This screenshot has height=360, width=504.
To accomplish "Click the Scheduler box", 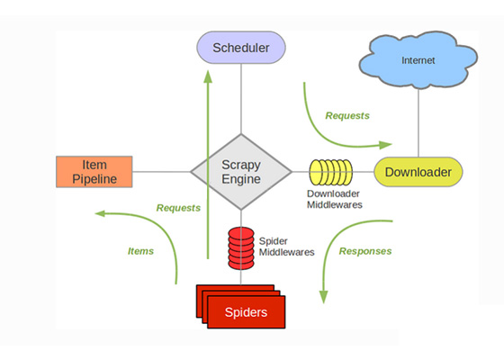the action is pyautogui.click(x=241, y=48).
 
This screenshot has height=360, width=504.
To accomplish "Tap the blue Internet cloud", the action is pyautogui.click(x=418, y=60).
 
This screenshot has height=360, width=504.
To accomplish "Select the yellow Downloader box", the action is pyautogui.click(x=418, y=172).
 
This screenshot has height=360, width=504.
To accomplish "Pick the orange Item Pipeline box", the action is pyautogui.click(x=94, y=172).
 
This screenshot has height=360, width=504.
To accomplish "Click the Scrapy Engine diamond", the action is pyautogui.click(x=241, y=172).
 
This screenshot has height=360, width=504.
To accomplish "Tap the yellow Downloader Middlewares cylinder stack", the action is pyautogui.click(x=331, y=172).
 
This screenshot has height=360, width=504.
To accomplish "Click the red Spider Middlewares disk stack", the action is pyautogui.click(x=241, y=248).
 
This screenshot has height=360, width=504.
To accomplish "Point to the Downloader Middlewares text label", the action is pyautogui.click(x=334, y=199).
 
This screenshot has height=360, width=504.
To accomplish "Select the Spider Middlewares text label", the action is pyautogui.click(x=287, y=247).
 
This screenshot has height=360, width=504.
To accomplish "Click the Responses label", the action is pyautogui.click(x=365, y=251).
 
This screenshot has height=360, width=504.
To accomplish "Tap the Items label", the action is pyautogui.click(x=140, y=251).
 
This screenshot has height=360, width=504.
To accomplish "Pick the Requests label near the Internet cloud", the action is pyautogui.click(x=347, y=116).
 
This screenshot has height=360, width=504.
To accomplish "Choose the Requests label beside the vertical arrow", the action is pyautogui.click(x=178, y=208).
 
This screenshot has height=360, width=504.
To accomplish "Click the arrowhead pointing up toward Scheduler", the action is pyautogui.click(x=208, y=76).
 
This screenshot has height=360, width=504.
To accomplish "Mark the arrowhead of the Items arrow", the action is pyautogui.click(x=100, y=213).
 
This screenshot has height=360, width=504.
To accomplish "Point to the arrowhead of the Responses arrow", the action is pyautogui.click(x=323, y=297).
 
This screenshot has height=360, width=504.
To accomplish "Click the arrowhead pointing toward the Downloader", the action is pyautogui.click(x=385, y=145).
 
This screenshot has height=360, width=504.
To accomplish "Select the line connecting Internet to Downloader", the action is pyautogui.click(x=418, y=123).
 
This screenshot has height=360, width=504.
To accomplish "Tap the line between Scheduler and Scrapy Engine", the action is pyautogui.click(x=241, y=99).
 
